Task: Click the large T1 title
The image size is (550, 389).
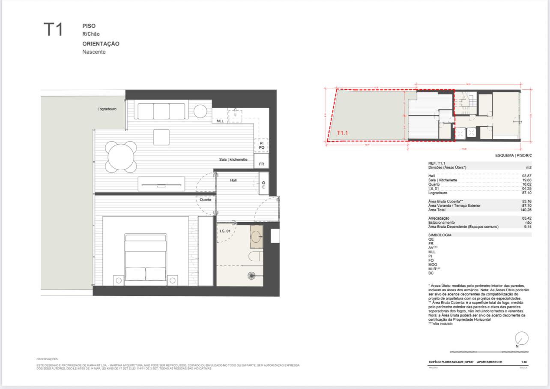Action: tap(53, 30)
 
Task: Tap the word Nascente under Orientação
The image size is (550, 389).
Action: tap(94, 52)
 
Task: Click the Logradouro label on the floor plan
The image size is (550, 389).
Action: tap(107, 109)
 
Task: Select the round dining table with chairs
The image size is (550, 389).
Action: tap(122, 157)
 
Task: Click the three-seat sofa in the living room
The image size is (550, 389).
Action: tap(161, 110)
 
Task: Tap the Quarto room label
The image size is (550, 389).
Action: tap(205, 200)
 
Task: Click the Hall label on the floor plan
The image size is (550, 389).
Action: tap(233, 181)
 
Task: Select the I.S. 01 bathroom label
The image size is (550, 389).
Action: tap(225, 231)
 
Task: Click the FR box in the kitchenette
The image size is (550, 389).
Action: tap(261, 164)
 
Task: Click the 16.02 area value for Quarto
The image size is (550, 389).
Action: tap(526, 184)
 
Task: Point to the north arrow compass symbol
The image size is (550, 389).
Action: tap(521, 338)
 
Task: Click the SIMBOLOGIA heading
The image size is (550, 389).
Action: tap(440, 235)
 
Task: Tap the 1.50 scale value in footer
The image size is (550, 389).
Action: tap(524, 362)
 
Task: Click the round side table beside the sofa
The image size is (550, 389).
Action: tap(200, 111)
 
